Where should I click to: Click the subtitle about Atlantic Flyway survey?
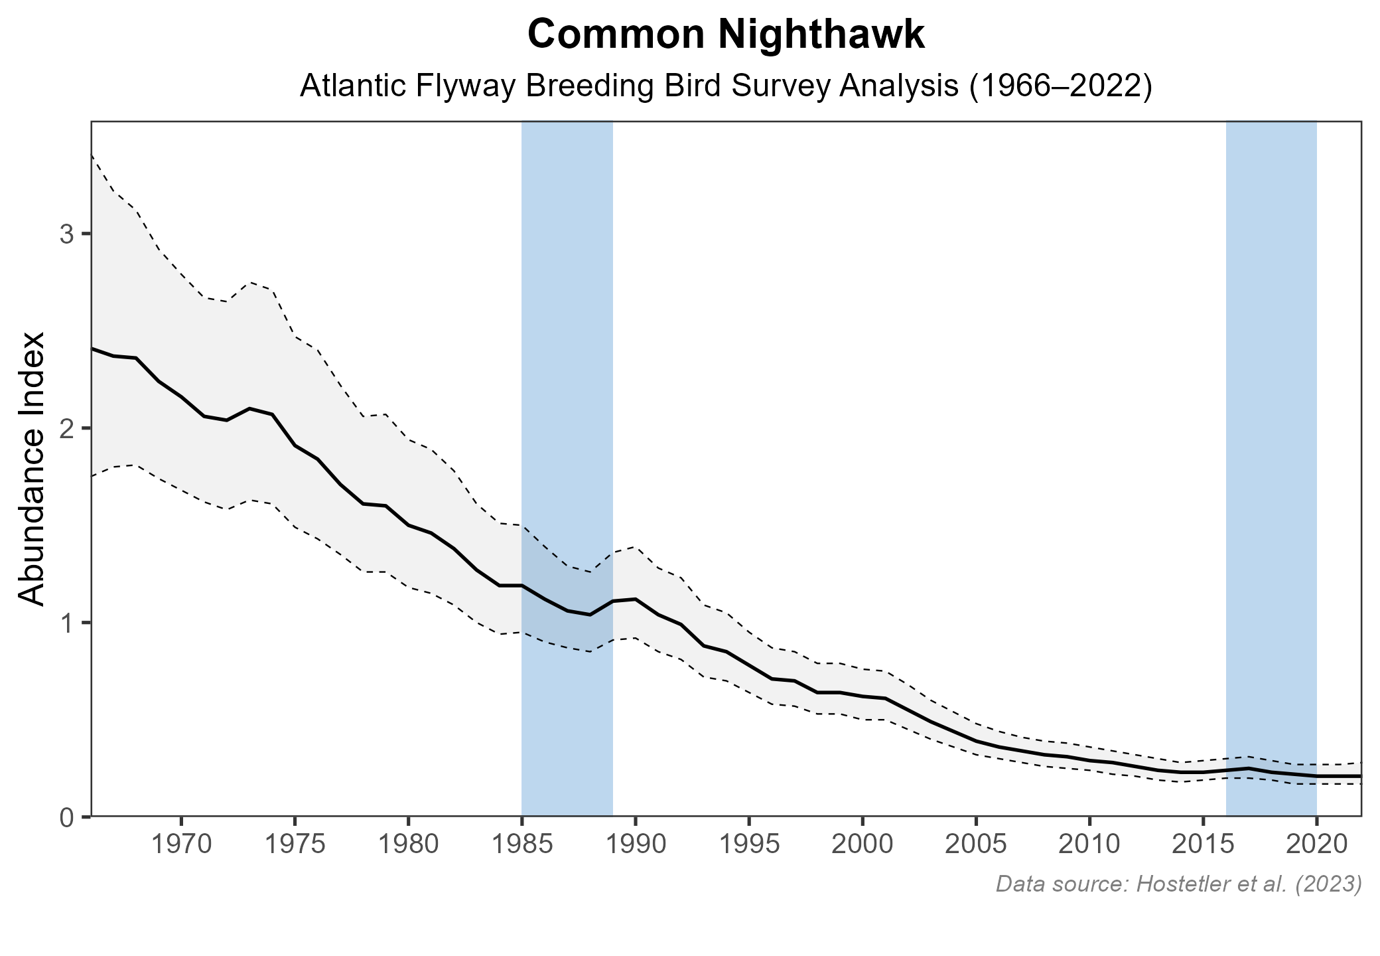pos(726,87)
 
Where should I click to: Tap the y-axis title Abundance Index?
pos(32,469)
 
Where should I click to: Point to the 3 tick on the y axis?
pos(66,234)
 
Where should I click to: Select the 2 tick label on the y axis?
pos(66,428)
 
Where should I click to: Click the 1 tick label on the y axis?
pos(66,623)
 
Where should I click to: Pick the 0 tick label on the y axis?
pos(66,817)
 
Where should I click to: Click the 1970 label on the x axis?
pos(181,846)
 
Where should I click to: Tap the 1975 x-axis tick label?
pos(295,846)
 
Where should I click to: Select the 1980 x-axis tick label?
pos(408,846)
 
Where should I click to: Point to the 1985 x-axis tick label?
pos(521,846)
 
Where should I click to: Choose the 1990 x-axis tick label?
pos(636,846)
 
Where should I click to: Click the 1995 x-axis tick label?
pos(749,846)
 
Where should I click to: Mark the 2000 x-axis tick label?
pos(862,846)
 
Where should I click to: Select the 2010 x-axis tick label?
pos(1089,846)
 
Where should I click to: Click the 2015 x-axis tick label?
pos(1203,846)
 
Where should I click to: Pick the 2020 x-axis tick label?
pos(1316,846)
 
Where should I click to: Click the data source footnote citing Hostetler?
pos(1178,884)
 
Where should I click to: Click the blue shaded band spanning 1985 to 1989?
pos(567,332)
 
